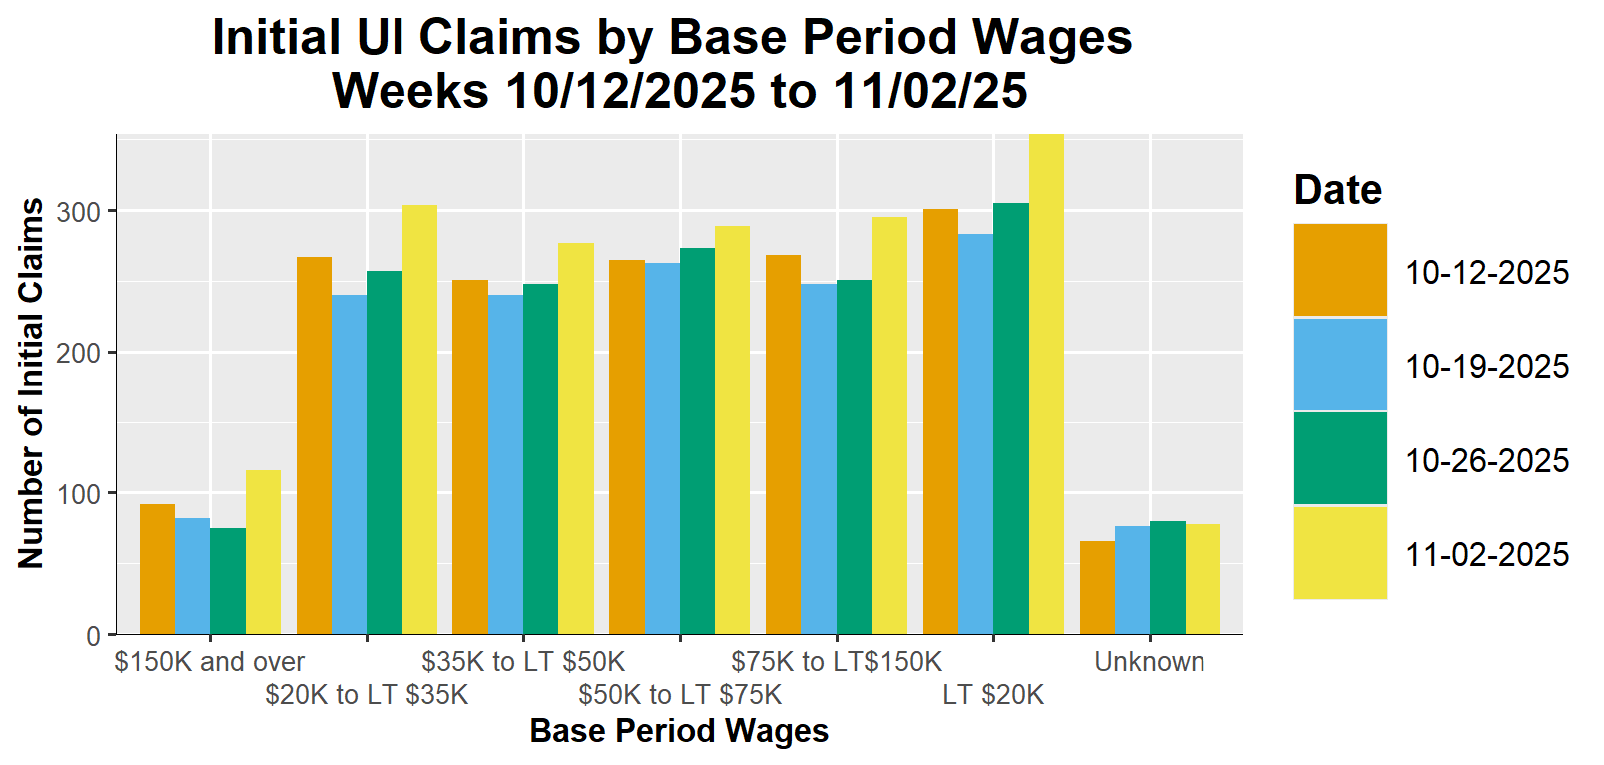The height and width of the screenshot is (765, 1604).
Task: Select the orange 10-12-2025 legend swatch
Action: [x=1339, y=270]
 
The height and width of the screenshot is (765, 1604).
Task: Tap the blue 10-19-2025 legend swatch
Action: [x=1339, y=365]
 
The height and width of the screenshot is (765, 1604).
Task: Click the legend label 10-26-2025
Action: [x=1487, y=460]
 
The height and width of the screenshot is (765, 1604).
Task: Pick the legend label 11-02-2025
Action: [x=1487, y=554]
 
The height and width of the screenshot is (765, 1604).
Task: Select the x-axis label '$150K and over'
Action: [x=210, y=662]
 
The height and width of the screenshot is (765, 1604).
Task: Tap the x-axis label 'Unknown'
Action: [x=1149, y=662]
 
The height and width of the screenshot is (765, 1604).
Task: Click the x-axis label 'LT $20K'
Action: [x=993, y=695]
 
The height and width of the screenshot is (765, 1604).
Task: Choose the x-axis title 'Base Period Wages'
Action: [x=679, y=731]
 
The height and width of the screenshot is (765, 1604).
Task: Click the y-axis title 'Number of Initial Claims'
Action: [x=32, y=383]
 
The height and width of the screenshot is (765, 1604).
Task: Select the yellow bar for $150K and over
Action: [x=263, y=552]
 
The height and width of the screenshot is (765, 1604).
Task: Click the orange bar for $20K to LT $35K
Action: [x=314, y=445]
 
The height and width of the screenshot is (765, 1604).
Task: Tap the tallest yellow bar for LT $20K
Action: [x=1046, y=384]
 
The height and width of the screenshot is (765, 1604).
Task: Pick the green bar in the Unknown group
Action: [x=1167, y=577]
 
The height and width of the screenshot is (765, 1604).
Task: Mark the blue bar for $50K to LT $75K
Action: [x=662, y=448]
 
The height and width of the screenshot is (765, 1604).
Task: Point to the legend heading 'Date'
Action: [x=1337, y=190]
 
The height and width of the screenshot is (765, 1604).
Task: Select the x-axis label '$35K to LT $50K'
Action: [x=523, y=662]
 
